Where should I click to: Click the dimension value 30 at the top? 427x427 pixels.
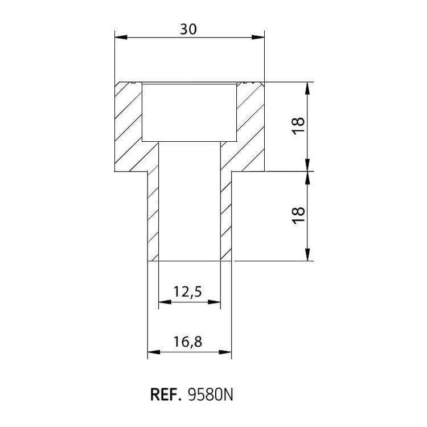click(x=188, y=29)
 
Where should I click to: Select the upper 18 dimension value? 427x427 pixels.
click(x=298, y=125)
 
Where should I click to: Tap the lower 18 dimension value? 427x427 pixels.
click(x=298, y=215)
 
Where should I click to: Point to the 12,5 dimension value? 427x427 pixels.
click(x=188, y=292)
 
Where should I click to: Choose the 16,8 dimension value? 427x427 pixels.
click(x=188, y=342)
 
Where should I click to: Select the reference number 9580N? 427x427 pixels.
click(x=211, y=395)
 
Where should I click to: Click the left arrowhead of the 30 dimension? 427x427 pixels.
click(x=121, y=38)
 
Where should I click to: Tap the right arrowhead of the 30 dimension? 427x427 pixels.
click(x=258, y=38)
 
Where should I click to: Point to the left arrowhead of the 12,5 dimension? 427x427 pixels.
click(x=165, y=302)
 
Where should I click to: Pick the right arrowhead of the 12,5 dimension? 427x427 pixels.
click(x=214, y=302)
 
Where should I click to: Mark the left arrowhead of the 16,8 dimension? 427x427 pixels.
click(x=154, y=352)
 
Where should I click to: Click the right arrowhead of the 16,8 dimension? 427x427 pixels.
click(x=225, y=352)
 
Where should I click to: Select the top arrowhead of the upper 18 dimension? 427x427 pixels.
click(x=307, y=88)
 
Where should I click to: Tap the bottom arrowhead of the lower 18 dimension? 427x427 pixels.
click(x=307, y=254)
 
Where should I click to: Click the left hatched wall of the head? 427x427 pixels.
click(x=128, y=126)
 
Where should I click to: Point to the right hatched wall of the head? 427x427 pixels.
click(x=251, y=126)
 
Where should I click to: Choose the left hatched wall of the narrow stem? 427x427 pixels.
click(x=153, y=216)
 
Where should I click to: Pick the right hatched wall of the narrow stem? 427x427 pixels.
click(x=226, y=216)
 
